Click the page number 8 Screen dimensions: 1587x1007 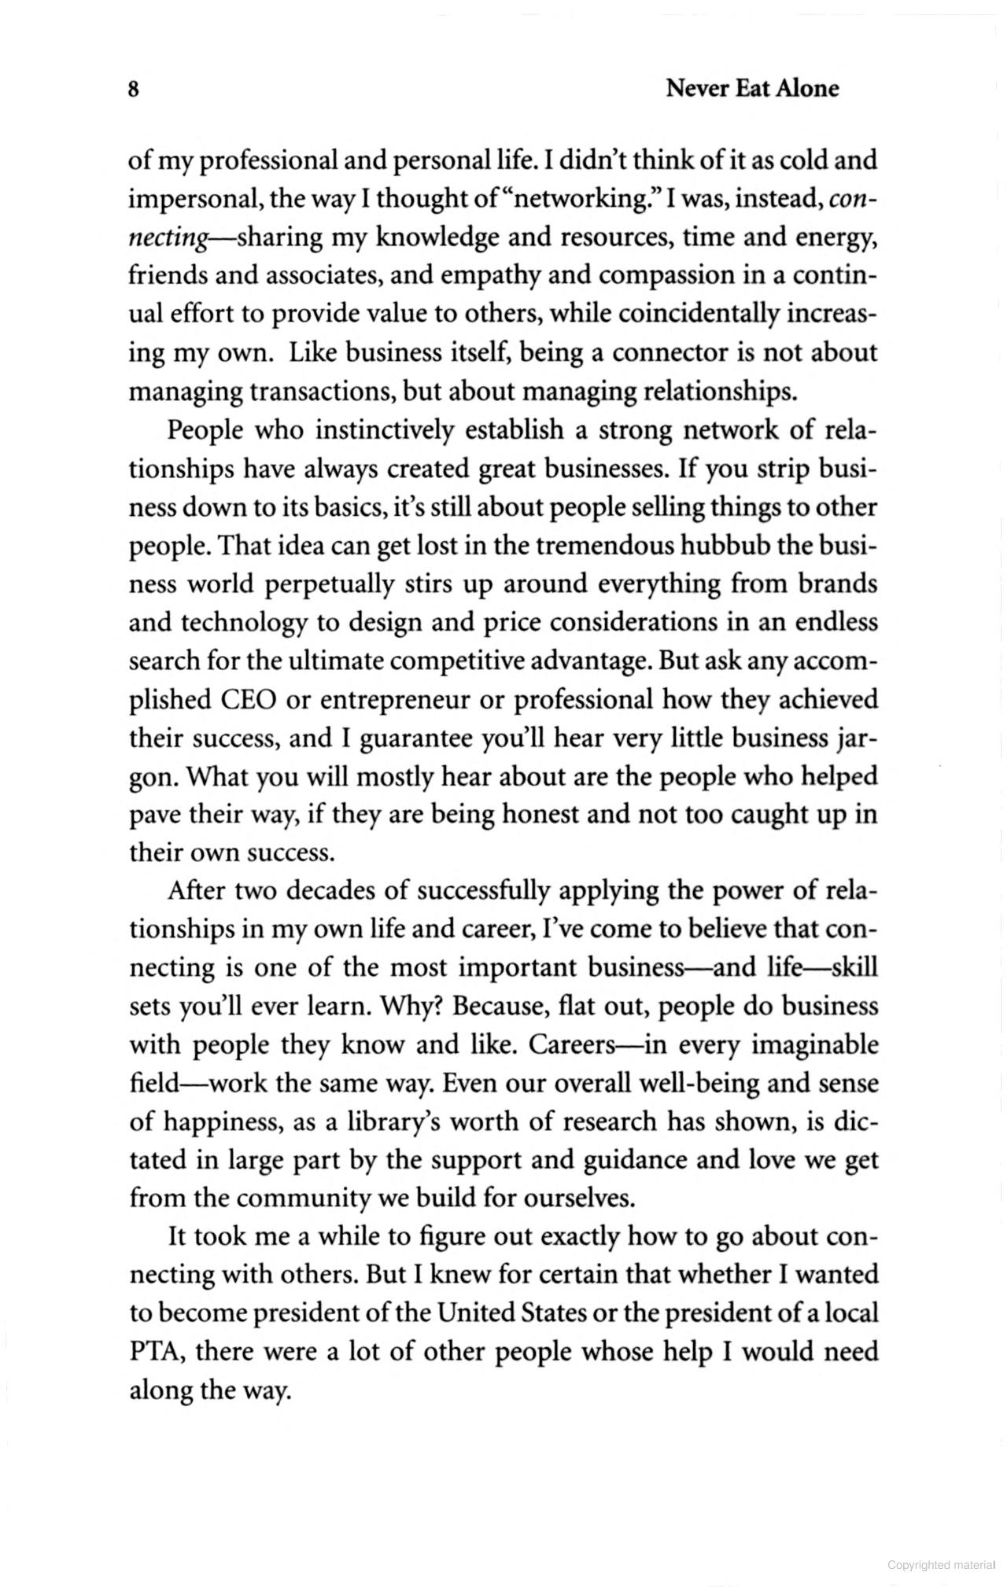134,90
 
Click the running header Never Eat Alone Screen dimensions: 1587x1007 751,89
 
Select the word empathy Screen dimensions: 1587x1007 489,276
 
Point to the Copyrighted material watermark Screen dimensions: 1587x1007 941,1565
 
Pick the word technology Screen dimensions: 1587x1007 245,623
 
